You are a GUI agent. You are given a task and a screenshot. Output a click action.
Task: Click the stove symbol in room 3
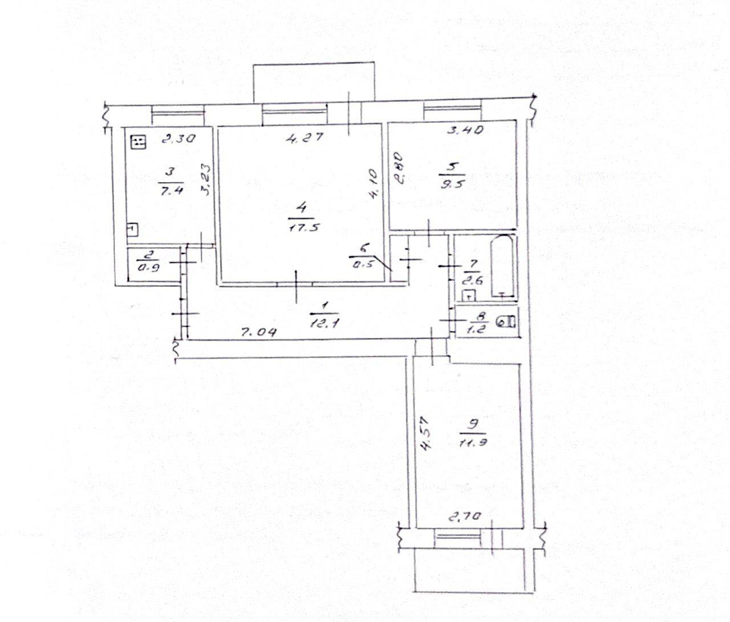pos(138,142)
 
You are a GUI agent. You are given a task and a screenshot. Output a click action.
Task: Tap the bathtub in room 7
pos(503,265)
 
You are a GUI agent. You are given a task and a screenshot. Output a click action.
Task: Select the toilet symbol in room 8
pos(506,321)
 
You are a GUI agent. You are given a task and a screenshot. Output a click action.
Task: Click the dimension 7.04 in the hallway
pos(258,332)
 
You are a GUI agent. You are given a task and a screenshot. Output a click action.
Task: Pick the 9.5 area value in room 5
pos(452,184)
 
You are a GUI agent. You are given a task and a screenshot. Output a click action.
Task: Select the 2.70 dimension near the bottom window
pos(464,517)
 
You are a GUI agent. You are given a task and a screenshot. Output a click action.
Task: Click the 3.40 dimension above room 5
pos(465,130)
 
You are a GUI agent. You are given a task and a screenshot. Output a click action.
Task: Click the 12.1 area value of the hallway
pos(324,322)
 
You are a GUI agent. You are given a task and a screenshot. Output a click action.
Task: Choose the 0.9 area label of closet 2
pos(148,267)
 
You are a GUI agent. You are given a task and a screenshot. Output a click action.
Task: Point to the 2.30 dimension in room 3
pos(179,140)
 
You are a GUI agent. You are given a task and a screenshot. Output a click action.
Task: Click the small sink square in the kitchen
pos(132,230)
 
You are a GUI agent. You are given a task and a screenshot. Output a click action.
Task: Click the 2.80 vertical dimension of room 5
pos(399,168)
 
